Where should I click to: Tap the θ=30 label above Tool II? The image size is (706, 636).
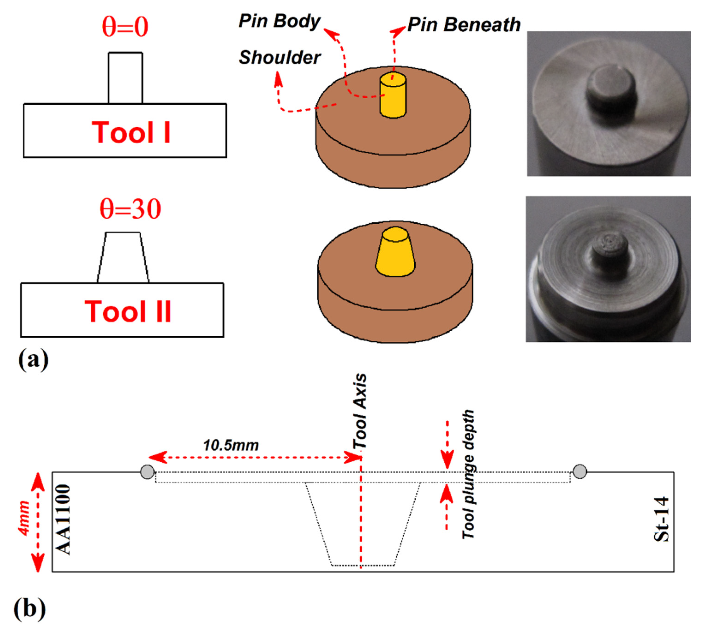(x=130, y=209)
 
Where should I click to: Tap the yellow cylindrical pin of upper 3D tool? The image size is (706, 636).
(x=393, y=96)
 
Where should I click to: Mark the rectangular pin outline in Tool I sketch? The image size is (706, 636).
(x=125, y=78)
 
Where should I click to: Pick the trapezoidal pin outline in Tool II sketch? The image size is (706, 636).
(x=123, y=258)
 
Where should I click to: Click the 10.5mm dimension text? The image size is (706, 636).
(x=231, y=446)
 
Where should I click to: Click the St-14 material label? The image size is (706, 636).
(x=661, y=519)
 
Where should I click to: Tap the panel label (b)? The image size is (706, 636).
(x=29, y=609)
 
